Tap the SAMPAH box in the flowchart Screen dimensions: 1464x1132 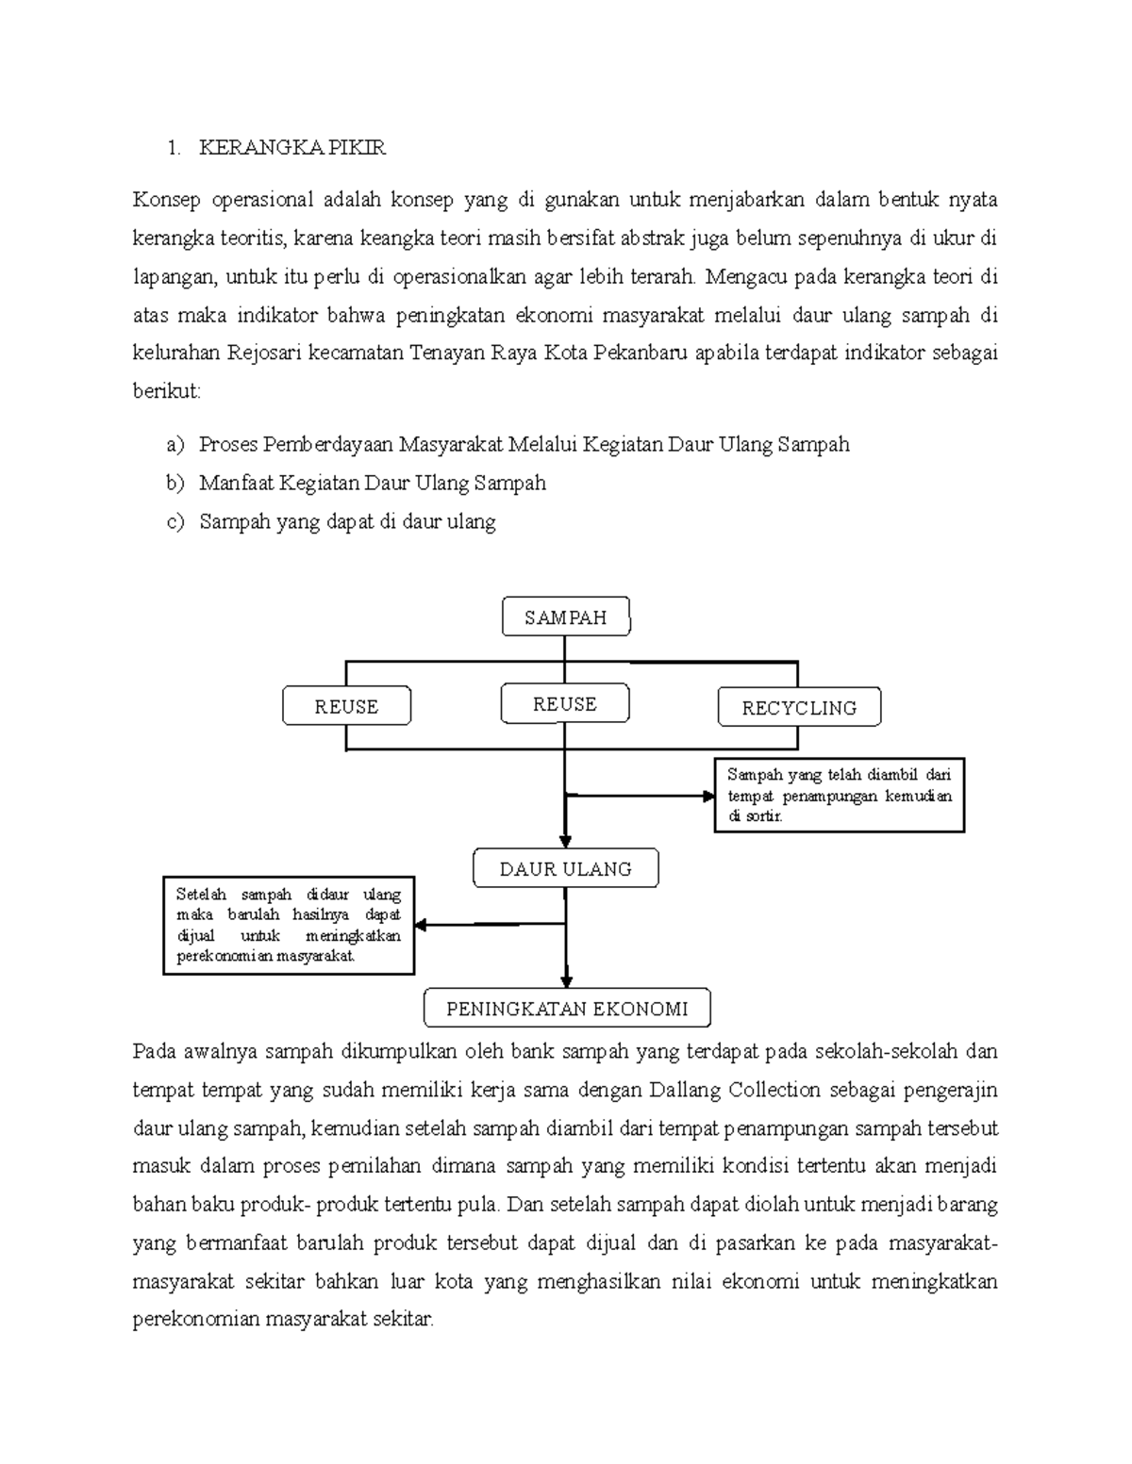tap(566, 617)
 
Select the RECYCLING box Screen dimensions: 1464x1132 tap(799, 708)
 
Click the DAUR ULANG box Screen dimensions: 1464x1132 tap(565, 869)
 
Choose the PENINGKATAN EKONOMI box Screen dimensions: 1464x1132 tap(567, 1009)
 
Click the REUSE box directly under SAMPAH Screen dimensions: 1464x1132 tap(564, 704)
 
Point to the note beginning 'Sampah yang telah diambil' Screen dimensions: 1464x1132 tap(840, 796)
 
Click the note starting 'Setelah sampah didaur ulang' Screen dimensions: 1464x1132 tap(289, 925)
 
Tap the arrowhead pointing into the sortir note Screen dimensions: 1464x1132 tap(708, 796)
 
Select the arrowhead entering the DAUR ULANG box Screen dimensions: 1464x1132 tap(564, 842)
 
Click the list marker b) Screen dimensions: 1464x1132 tap(175, 484)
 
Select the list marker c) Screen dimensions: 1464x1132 tap(175, 522)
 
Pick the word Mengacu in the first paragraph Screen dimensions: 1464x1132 tap(745, 277)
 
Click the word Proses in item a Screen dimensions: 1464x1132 tap(228, 445)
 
